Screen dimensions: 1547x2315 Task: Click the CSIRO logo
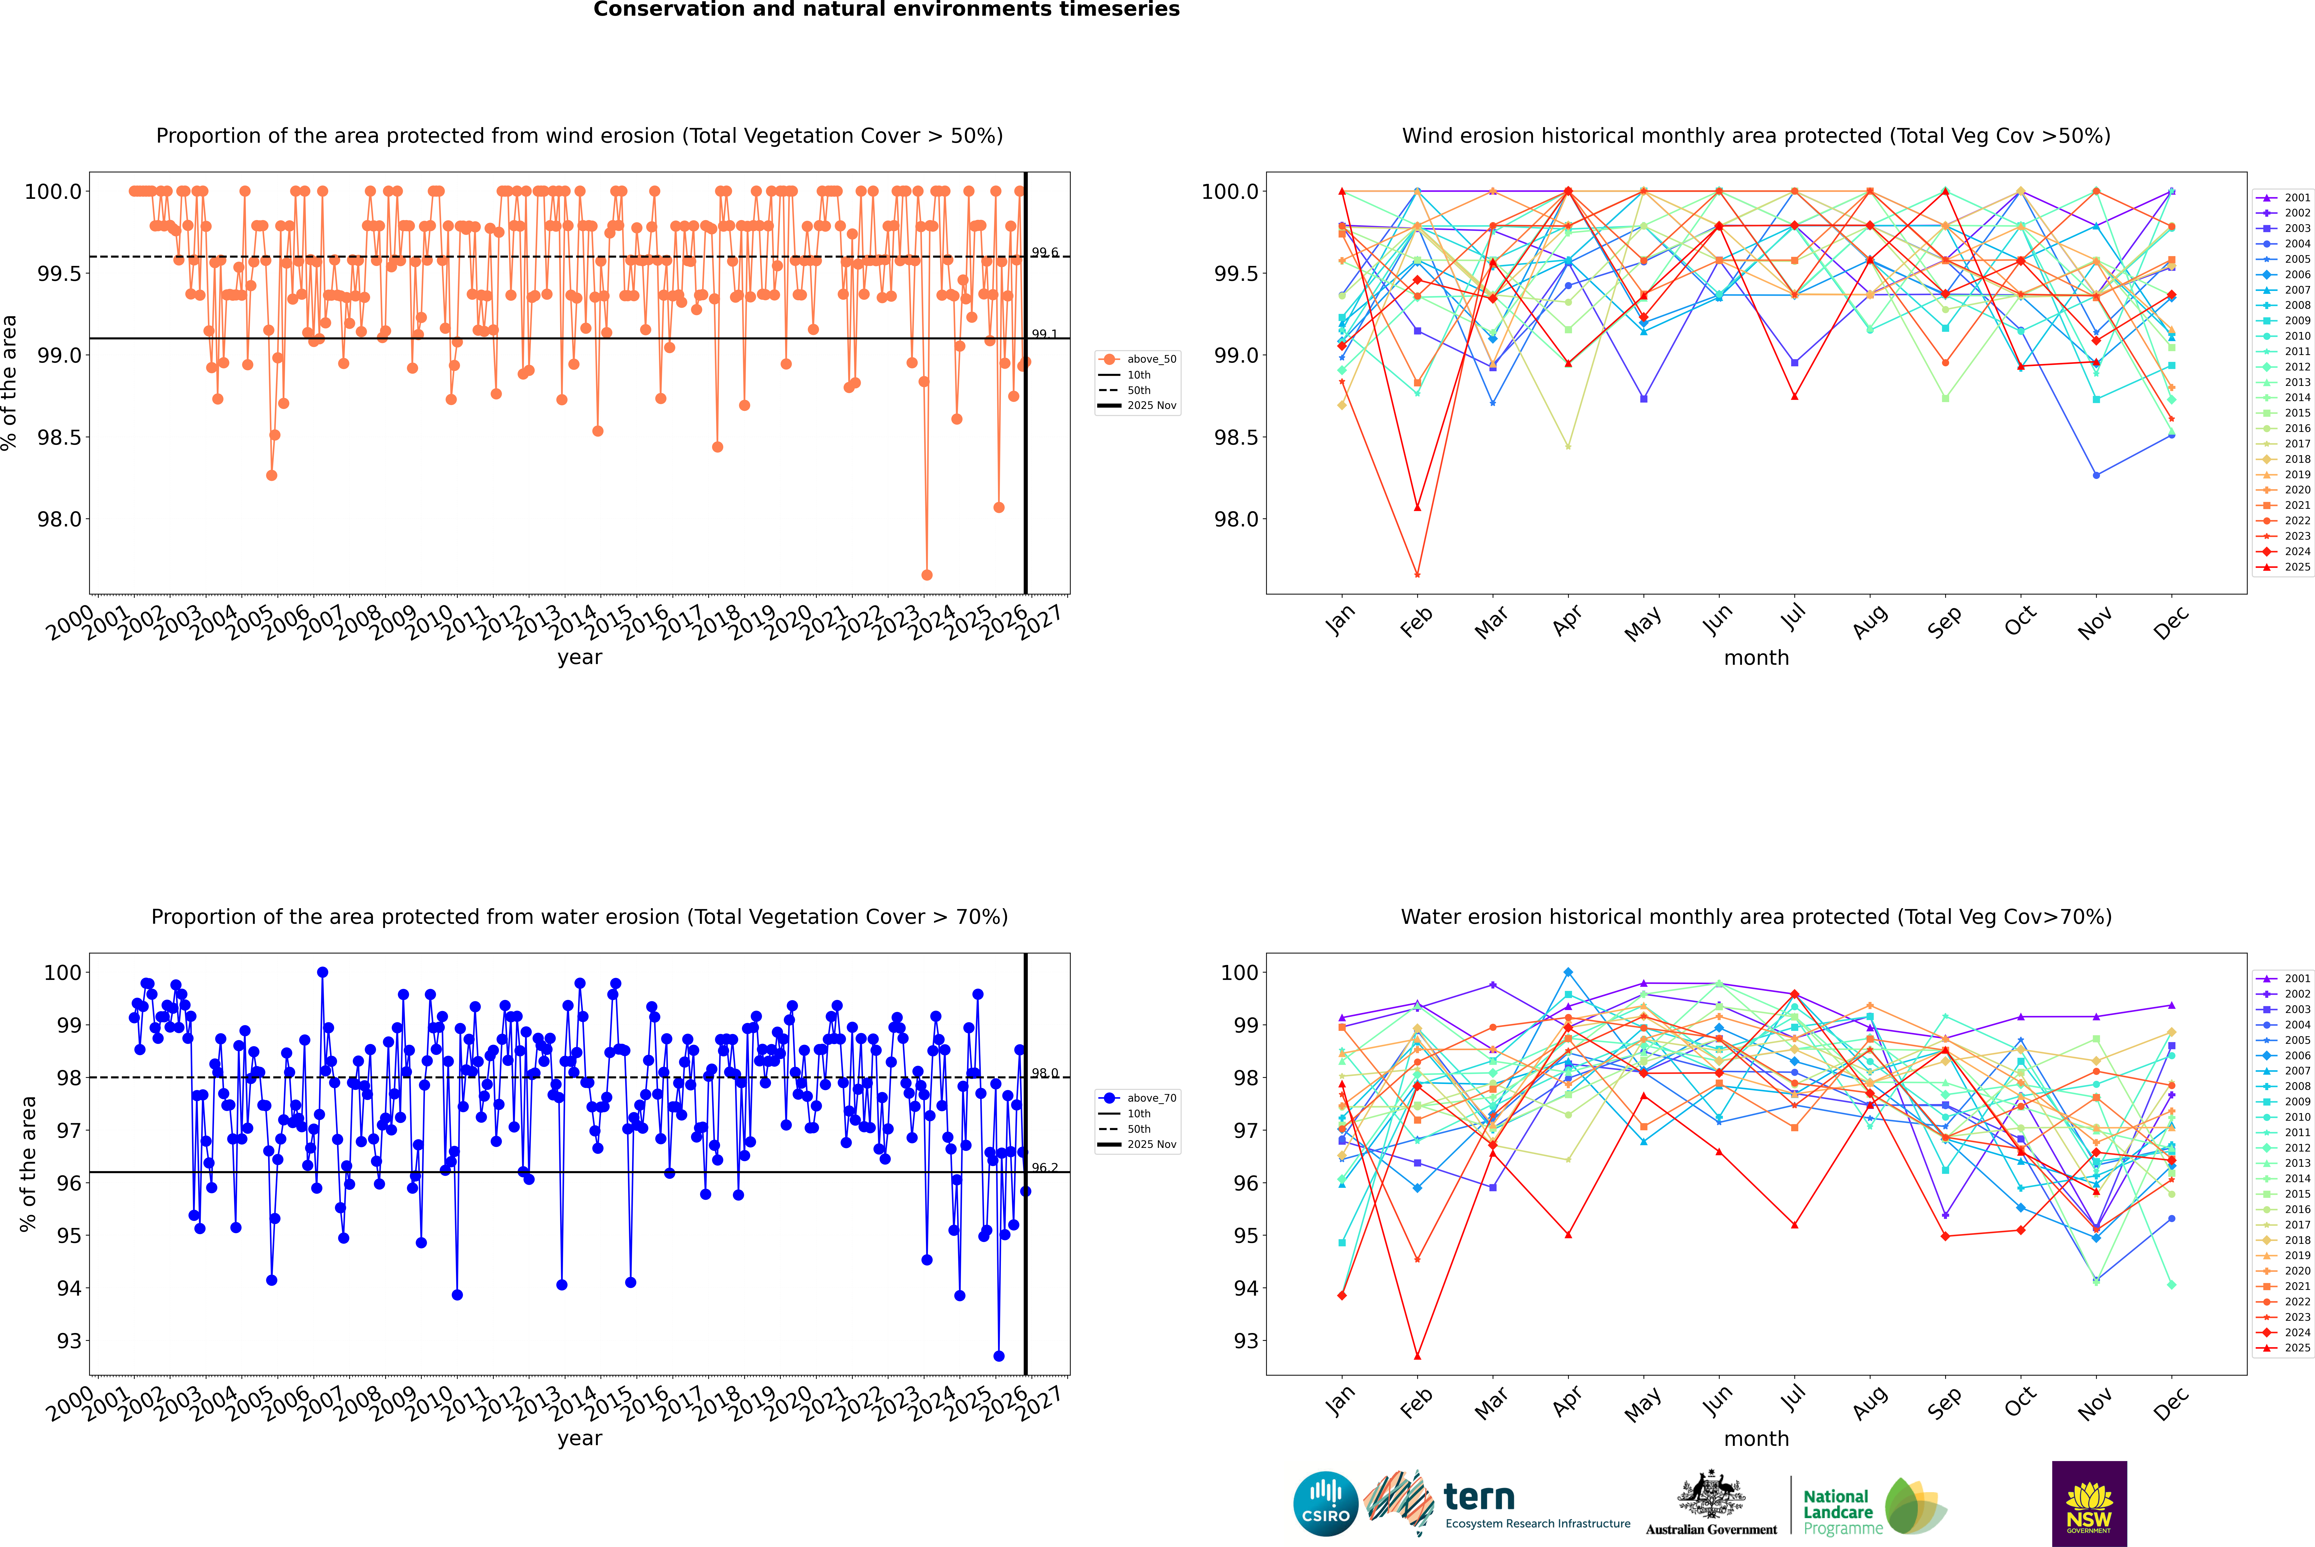[x=1325, y=1504]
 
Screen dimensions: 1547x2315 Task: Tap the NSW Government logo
[x=2089, y=1504]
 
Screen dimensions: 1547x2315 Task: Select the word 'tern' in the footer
[x=1478, y=1497]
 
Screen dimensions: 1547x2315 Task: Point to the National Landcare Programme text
[x=1837, y=1511]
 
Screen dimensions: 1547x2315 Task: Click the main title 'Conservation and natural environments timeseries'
[x=886, y=10]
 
